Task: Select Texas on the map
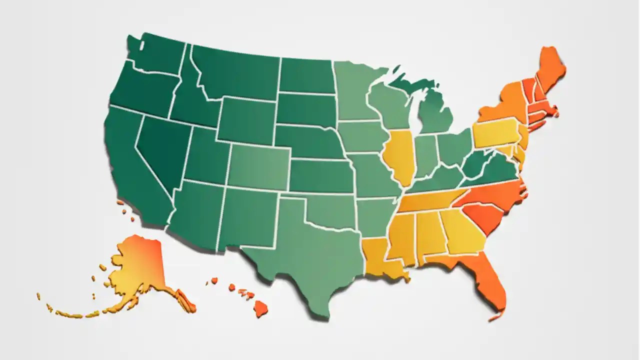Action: pyautogui.click(x=310, y=250)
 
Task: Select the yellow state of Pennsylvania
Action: pyautogui.click(x=495, y=132)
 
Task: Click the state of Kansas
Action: pyautogui.click(x=320, y=175)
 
